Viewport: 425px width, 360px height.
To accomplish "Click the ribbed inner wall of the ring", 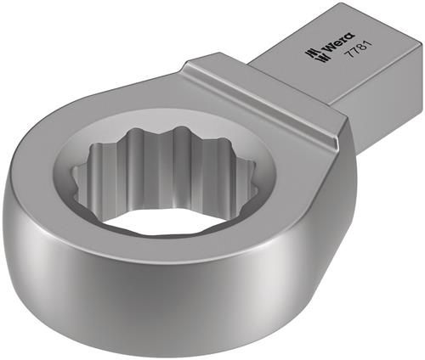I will [x=170, y=174].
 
